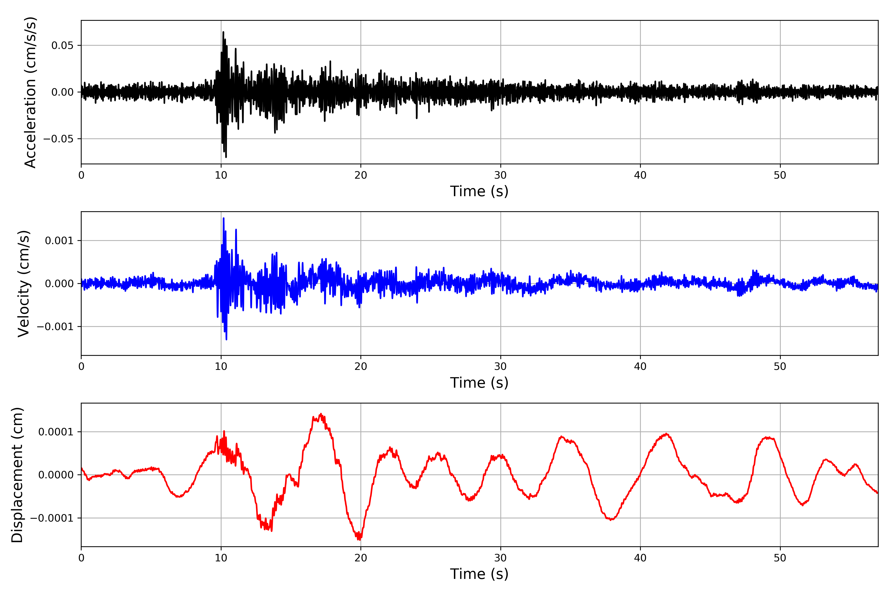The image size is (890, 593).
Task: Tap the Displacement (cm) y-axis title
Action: [x=17, y=475]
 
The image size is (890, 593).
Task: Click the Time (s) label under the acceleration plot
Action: [x=479, y=191]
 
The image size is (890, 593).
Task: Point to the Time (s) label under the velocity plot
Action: [x=479, y=383]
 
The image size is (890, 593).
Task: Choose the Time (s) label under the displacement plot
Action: [x=479, y=574]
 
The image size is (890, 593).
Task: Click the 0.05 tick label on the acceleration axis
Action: [x=63, y=45]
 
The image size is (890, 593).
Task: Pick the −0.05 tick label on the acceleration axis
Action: [x=58, y=139]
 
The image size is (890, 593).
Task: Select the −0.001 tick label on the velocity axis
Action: [x=55, y=326]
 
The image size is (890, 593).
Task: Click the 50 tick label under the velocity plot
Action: [x=780, y=366]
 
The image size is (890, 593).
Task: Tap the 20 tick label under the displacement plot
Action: [x=361, y=558]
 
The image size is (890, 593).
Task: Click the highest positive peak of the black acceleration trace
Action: [x=223, y=32]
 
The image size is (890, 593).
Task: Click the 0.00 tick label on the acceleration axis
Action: [x=63, y=92]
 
